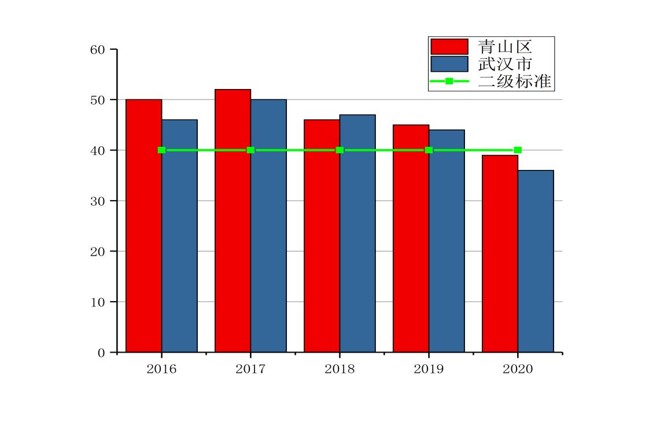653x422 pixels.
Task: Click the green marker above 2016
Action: pyautogui.click(x=161, y=150)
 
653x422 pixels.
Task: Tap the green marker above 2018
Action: pyautogui.click(x=340, y=150)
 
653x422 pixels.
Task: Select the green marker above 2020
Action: pyautogui.click(x=518, y=150)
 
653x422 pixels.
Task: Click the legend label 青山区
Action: pyautogui.click(x=505, y=46)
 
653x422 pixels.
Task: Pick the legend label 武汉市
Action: pyautogui.click(x=505, y=64)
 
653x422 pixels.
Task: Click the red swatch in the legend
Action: pyautogui.click(x=449, y=46)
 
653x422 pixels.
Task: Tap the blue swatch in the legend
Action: pyautogui.click(x=449, y=64)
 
